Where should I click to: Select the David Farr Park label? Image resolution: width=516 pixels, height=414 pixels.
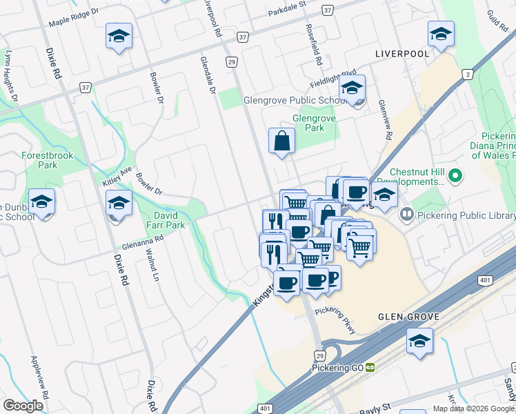[166, 220]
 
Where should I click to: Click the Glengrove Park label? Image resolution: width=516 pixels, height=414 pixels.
[314, 123]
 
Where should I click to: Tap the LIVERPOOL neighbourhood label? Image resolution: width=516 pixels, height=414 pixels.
[401, 53]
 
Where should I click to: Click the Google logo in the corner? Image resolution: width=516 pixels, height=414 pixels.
[23, 406]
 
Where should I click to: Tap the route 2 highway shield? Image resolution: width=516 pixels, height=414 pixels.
[468, 75]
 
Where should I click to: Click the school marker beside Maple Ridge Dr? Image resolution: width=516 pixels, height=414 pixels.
[119, 36]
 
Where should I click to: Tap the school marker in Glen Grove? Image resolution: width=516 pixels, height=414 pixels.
[419, 342]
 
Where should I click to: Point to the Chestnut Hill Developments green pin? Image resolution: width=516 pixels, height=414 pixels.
[455, 177]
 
